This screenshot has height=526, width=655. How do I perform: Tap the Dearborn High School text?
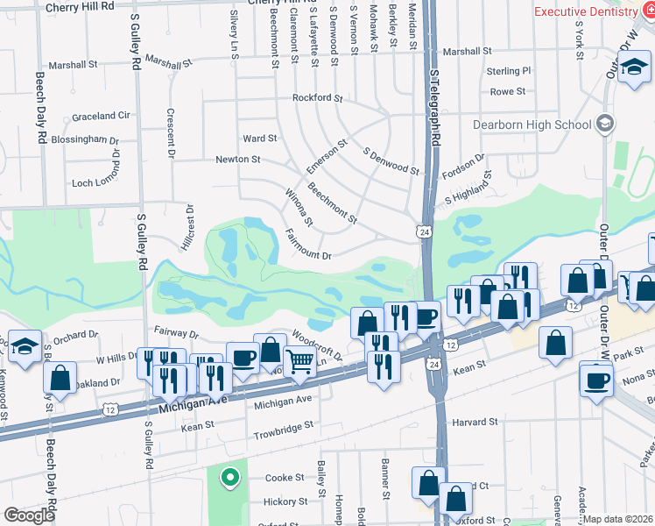(x=532, y=124)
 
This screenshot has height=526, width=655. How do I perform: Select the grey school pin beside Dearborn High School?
(x=603, y=124)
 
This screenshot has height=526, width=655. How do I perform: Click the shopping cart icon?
(x=299, y=360)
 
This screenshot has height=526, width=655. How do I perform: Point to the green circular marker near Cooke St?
(x=229, y=478)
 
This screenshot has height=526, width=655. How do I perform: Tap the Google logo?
(x=29, y=515)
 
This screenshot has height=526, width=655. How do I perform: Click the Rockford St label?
(x=317, y=98)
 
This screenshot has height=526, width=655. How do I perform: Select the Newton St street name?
(x=238, y=160)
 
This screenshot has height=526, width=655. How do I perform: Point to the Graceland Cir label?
(x=101, y=116)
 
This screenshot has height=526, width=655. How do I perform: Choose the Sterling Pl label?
(x=509, y=71)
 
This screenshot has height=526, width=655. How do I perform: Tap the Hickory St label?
(x=285, y=502)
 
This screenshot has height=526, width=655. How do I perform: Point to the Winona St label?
(x=299, y=206)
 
